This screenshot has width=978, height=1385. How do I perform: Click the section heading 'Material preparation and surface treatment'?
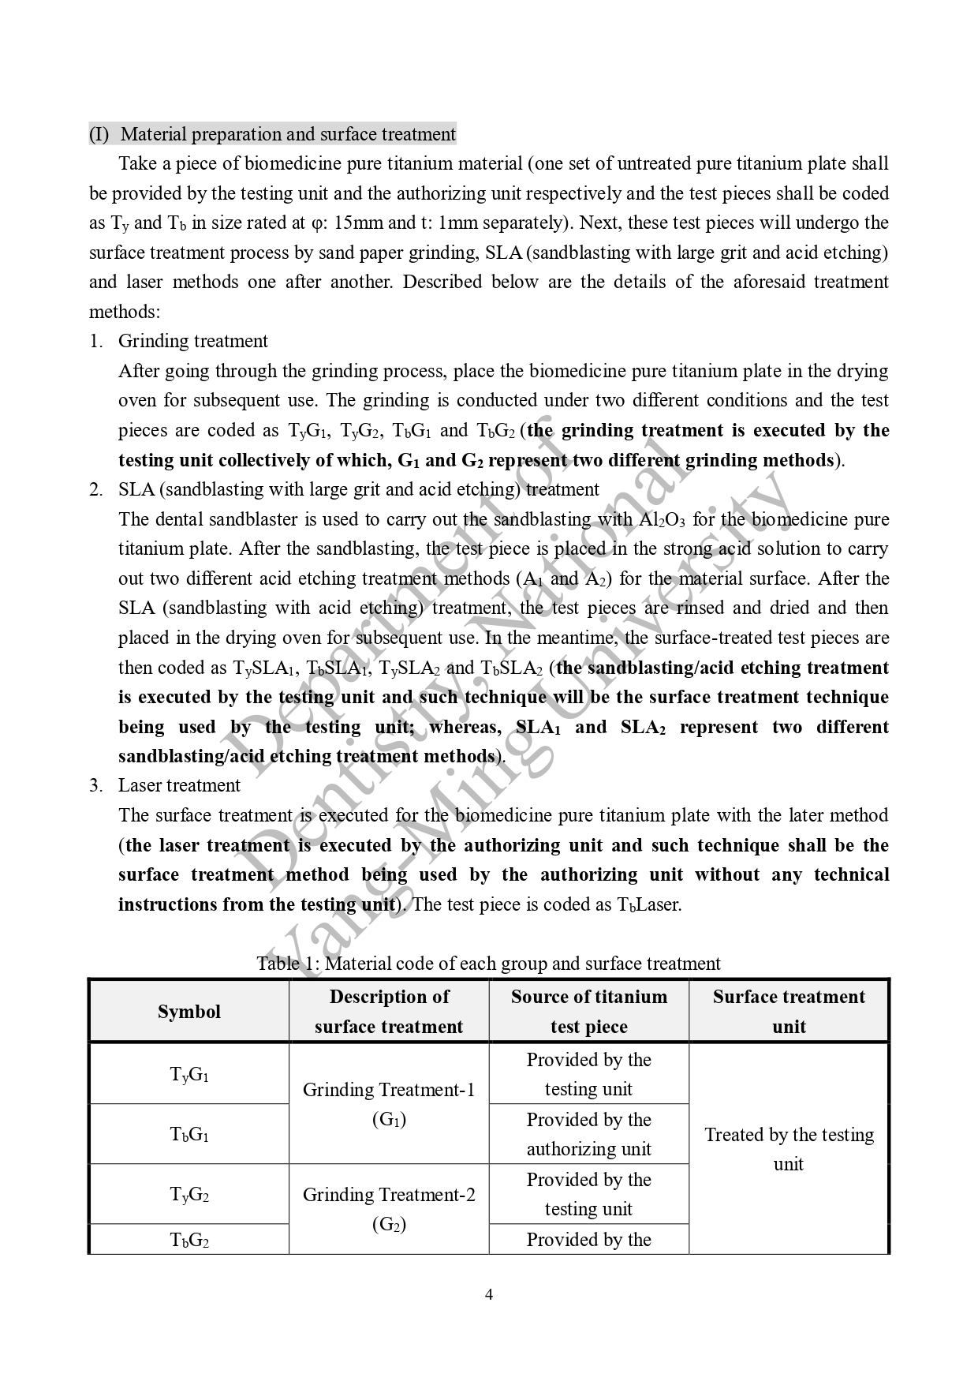click(288, 134)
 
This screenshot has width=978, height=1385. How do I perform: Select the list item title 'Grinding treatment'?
click(193, 341)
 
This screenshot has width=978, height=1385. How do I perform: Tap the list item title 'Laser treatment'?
click(179, 785)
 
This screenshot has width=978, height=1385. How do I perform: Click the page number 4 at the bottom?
click(489, 1294)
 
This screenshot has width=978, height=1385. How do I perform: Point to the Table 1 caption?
click(488, 964)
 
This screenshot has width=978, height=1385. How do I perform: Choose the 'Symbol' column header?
click(189, 1012)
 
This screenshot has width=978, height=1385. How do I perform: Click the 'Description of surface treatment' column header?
click(389, 1012)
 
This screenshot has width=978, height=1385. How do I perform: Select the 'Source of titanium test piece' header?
click(588, 1012)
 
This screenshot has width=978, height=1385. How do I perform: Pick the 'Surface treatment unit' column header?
click(789, 1012)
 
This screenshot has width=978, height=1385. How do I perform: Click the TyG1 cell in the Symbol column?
click(189, 1074)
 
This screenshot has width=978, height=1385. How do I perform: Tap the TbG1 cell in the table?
click(189, 1134)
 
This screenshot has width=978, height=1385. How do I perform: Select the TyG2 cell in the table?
click(189, 1194)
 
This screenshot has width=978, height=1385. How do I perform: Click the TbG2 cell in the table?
click(189, 1240)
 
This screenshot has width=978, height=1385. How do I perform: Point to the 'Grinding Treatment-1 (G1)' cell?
click(389, 1104)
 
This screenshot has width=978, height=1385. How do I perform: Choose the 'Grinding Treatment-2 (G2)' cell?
click(389, 1209)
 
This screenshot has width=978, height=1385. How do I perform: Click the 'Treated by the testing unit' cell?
click(789, 1149)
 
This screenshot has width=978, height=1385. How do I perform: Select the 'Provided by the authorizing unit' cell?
click(588, 1134)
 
